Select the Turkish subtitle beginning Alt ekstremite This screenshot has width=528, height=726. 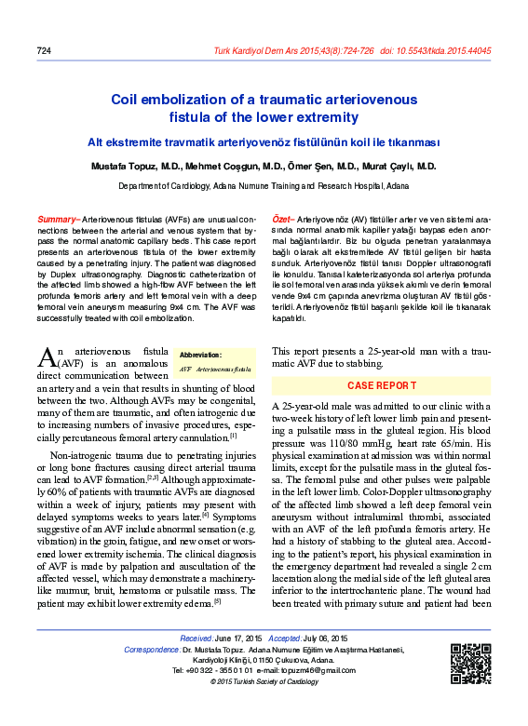pyautogui.click(x=264, y=142)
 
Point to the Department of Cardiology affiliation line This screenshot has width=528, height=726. pyautogui.click(x=264, y=186)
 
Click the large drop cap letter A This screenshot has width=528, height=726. pyautogui.click(x=48, y=356)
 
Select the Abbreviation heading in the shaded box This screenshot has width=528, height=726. pyautogui.click(x=200, y=355)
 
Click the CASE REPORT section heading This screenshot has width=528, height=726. pyautogui.click(x=382, y=384)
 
